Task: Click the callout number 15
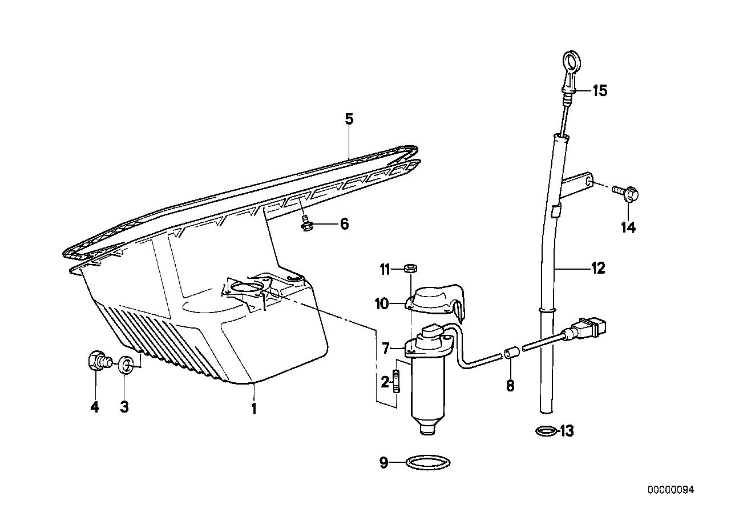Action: click(600, 90)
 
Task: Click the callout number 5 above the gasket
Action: click(349, 119)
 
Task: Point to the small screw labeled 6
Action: click(305, 225)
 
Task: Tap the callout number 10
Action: click(382, 304)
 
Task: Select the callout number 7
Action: click(386, 348)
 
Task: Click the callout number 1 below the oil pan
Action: click(253, 409)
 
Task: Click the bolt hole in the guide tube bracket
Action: click(589, 181)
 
